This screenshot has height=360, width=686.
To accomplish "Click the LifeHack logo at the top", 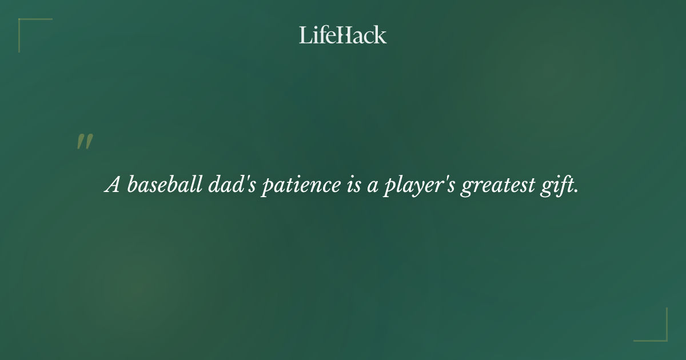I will coord(343,35).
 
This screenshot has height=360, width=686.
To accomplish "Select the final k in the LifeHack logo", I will coord(381,35).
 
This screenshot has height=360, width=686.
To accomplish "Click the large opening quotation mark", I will coord(85,142).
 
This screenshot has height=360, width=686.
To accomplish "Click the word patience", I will coord(300,186).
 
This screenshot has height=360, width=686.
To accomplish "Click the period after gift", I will coord(575,191).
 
